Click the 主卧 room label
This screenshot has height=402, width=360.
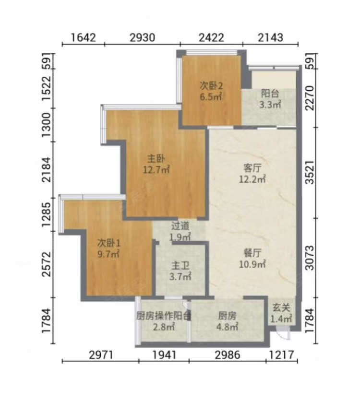coord(156,159)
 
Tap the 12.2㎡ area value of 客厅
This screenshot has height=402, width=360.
coord(252,179)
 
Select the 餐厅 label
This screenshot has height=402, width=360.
coord(252,253)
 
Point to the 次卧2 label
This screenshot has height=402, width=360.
coord(211,86)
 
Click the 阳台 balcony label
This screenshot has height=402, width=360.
coord(270,94)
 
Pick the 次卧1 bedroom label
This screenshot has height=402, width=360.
coord(109,242)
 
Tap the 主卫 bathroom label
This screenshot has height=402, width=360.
coord(180,266)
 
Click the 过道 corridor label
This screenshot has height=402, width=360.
coord(180,226)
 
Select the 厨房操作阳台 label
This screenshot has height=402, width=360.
coord(164,316)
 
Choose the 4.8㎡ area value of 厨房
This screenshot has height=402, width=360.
coord(227,327)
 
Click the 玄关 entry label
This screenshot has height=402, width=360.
coord(281,307)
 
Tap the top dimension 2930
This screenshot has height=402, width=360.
coord(143,38)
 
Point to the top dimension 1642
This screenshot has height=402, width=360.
coord(83,38)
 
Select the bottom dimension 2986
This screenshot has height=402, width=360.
coord(228,355)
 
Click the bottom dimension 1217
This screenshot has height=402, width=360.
coord(281,355)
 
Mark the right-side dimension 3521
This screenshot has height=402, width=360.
coord(310,172)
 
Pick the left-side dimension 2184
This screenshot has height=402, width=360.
coord(47,170)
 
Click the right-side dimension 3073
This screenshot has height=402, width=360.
coord(310,258)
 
